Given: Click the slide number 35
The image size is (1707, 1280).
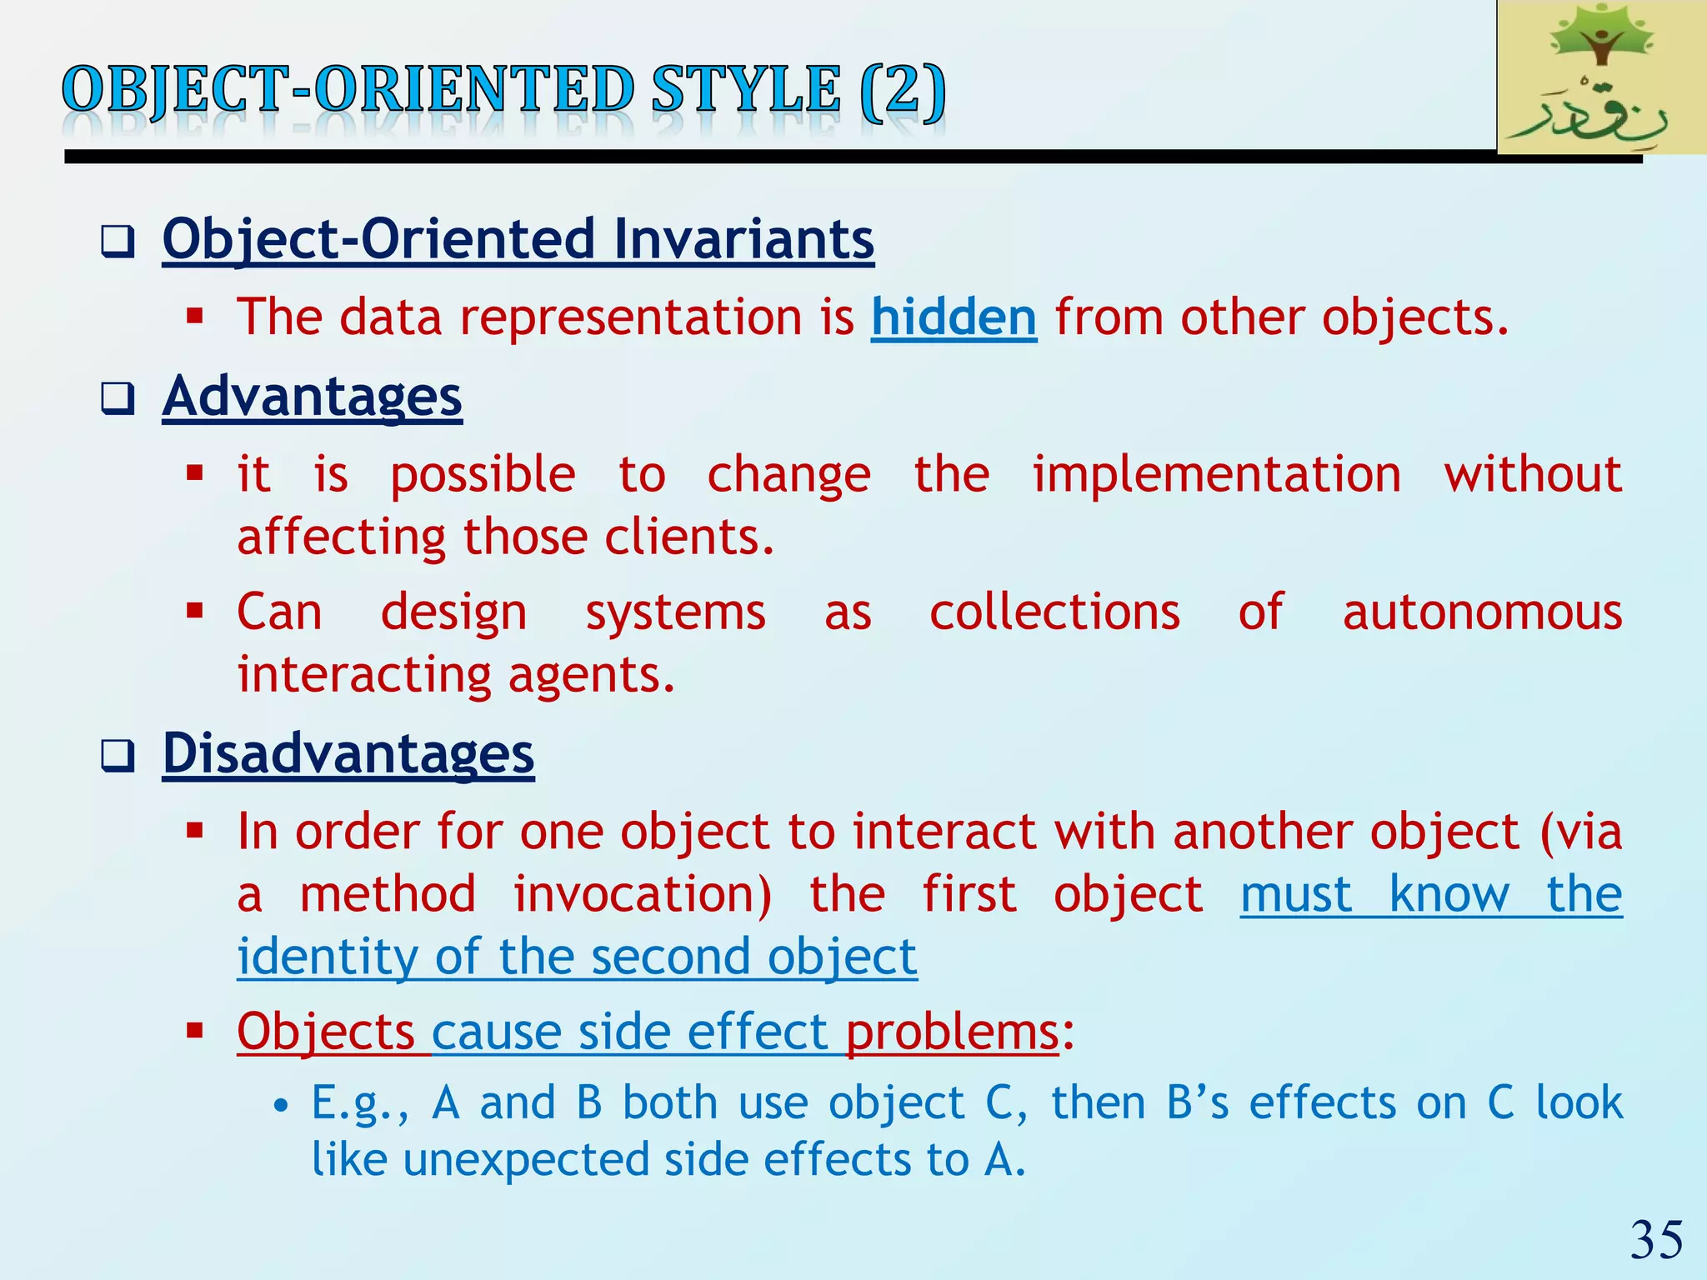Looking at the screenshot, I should (1655, 1240).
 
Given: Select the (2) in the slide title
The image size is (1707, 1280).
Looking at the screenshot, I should (904, 90).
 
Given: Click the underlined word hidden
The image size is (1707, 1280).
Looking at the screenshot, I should (954, 317).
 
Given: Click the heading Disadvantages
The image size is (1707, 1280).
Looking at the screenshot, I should (348, 753).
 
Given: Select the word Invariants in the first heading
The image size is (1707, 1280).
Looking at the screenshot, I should (743, 239).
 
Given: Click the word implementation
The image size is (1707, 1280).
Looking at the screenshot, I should (1216, 475).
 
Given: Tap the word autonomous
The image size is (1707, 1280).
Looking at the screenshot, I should (1482, 612).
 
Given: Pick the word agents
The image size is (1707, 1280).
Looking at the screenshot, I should (591, 675).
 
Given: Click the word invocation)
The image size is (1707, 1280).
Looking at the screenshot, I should (642, 895).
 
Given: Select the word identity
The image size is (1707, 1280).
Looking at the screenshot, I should (326, 957).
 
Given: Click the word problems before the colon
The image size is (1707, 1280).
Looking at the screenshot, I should (952, 1032).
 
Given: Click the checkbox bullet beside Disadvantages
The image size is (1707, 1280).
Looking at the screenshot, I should (118, 756).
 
